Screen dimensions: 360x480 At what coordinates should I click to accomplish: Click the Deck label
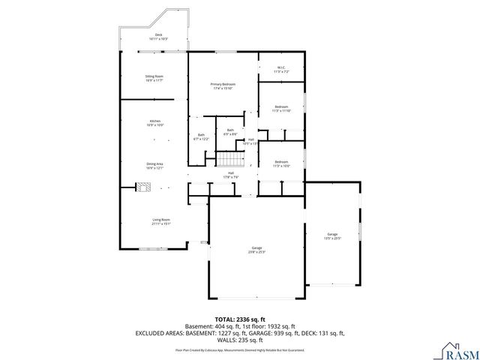pos(158,36)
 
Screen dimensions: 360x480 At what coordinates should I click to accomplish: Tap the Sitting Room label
pos(154,78)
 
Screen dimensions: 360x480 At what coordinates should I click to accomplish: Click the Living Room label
pos(160,221)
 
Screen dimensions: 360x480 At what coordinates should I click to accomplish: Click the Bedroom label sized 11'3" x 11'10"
pos(281,109)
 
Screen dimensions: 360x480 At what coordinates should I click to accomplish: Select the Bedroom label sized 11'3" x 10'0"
pos(281,164)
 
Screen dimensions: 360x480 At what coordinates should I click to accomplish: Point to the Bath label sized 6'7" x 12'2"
pos(202,137)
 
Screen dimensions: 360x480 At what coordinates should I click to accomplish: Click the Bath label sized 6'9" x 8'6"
pos(230,132)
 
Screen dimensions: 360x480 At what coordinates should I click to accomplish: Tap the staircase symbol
pos(230,159)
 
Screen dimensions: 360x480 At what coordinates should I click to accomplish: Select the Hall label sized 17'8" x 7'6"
pos(231,175)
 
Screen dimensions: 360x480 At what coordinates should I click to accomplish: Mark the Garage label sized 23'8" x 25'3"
pos(256,250)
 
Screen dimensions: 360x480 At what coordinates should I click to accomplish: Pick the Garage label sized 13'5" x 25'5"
pos(332,236)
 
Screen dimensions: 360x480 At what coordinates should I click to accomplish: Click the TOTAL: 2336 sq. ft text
pos(239,319)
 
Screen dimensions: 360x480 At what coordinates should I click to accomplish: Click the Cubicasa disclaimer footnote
pos(239,349)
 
